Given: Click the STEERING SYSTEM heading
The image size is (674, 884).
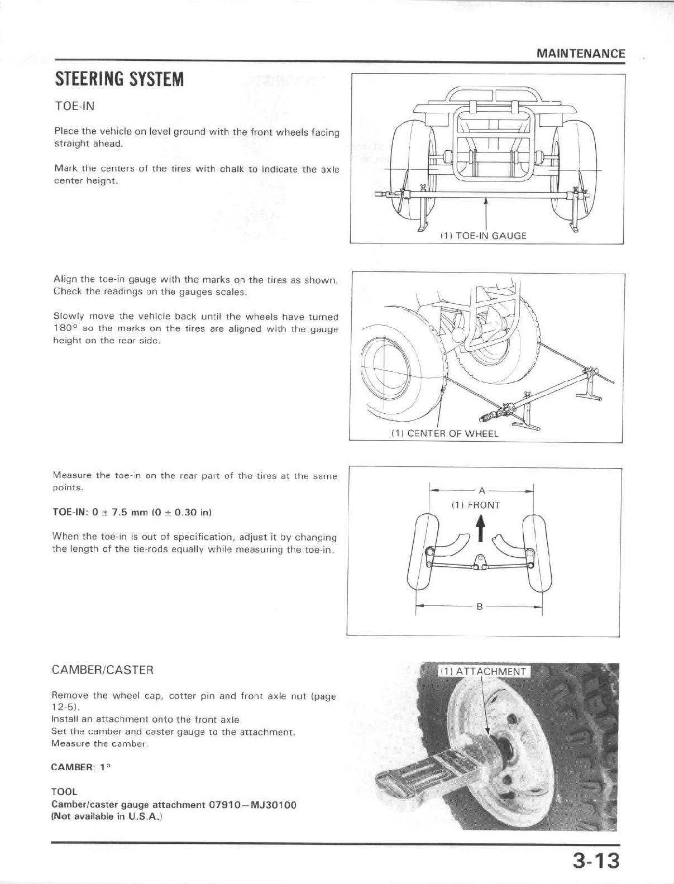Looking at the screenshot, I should tap(119, 79).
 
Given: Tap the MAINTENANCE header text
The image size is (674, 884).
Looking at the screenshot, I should tap(580, 54).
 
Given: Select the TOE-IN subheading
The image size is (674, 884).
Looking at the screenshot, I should tap(74, 106).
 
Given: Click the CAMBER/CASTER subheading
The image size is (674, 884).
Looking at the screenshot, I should tap(102, 670).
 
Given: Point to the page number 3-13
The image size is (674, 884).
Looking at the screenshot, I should tap(595, 861).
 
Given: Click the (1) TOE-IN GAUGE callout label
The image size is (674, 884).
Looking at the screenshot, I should tap(482, 236).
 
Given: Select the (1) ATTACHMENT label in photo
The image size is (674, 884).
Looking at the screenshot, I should tap(482, 671).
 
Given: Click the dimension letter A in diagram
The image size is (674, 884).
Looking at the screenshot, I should tap(482, 491).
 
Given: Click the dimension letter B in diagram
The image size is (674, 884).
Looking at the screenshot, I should tap(479, 607).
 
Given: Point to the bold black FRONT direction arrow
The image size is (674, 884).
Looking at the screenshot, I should tap(479, 529).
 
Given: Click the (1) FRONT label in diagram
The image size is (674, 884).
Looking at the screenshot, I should tap(475, 505).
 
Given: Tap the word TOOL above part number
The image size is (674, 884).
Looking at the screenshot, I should tap(64, 792).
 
